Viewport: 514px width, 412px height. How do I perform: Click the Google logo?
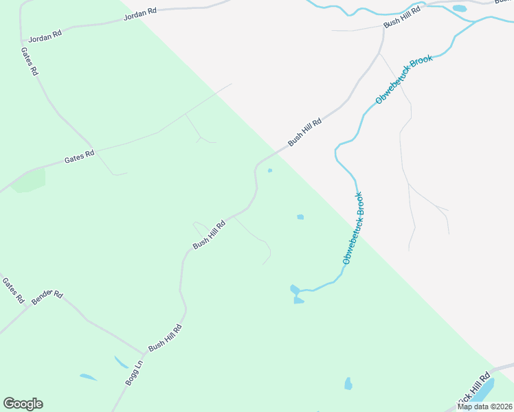click(x=23, y=404)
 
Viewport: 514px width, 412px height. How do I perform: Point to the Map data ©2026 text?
click(x=484, y=407)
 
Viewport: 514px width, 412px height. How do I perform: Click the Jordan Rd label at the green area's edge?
click(x=140, y=14)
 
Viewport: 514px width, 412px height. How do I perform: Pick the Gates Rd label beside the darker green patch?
click(x=79, y=157)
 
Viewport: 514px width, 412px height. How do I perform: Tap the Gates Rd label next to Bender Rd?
click(x=12, y=290)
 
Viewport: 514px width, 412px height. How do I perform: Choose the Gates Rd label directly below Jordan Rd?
click(x=29, y=62)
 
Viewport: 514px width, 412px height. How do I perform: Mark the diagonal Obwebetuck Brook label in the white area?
click(x=404, y=80)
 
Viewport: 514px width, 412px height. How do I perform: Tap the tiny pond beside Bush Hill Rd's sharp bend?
click(x=269, y=170)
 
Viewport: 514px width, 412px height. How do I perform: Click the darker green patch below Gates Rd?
click(x=28, y=181)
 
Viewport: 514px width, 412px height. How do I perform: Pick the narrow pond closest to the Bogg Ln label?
click(x=121, y=362)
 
